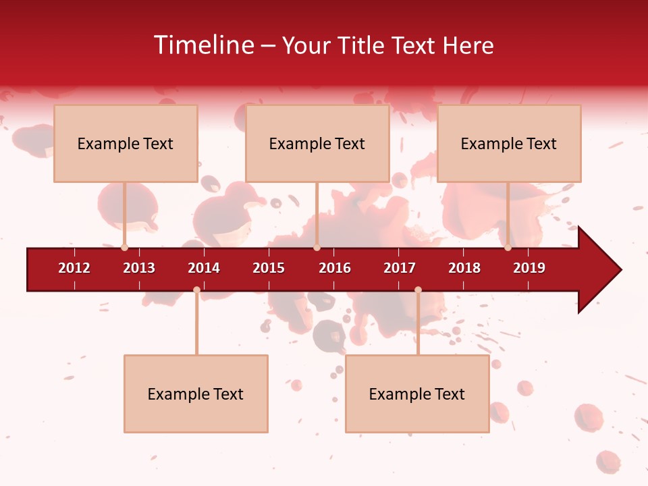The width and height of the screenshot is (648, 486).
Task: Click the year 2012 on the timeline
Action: tap(74, 268)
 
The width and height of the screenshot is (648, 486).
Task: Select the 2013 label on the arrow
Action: tap(139, 268)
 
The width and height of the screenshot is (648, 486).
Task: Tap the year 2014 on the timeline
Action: tap(204, 268)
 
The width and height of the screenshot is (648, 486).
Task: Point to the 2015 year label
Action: tap(269, 268)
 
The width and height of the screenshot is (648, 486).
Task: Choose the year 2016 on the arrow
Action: tap(335, 268)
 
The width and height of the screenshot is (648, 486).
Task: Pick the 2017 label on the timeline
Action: tap(400, 268)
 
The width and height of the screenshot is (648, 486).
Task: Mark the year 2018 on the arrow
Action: tap(464, 268)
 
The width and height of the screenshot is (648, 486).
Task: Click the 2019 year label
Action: tap(529, 268)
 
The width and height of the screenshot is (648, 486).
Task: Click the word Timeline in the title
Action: tap(205, 45)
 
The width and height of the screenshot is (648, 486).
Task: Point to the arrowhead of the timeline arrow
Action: tap(599, 270)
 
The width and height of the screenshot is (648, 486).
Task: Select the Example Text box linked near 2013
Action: tap(126, 143)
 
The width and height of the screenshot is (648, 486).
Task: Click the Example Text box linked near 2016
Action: tap(317, 143)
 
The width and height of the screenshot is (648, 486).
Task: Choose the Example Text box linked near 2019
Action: tap(509, 143)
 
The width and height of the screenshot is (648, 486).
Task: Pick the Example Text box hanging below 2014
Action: tap(196, 394)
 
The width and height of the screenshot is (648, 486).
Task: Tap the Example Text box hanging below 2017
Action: tap(417, 394)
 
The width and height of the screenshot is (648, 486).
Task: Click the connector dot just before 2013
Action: tap(125, 248)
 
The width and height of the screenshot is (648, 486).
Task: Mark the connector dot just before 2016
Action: tap(317, 248)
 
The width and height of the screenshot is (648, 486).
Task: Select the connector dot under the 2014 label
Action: tap(196, 290)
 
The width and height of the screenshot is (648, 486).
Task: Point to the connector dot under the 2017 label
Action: tap(418, 290)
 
